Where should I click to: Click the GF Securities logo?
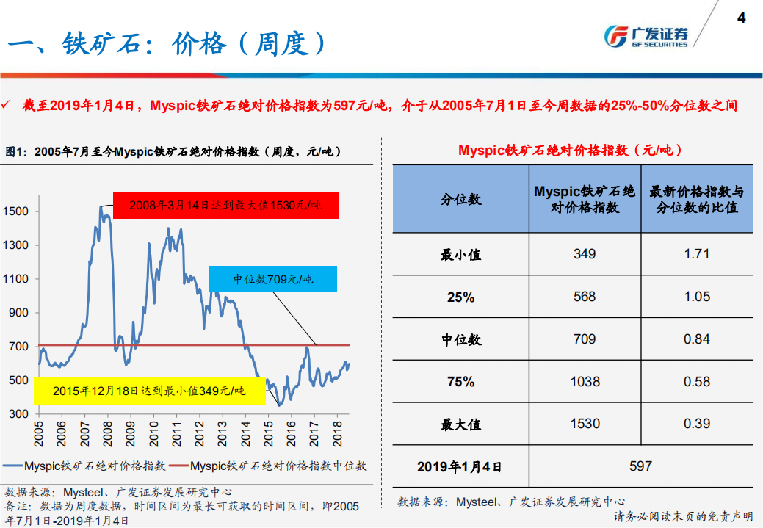point(646,36)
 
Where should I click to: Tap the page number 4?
point(741,18)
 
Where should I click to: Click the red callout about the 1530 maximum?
point(225,206)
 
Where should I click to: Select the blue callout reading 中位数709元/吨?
point(273,279)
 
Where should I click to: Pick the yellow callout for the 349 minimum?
point(149,391)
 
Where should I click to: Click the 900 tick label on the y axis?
point(18,313)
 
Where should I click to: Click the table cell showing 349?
point(585,255)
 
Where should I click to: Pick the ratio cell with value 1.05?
point(696,297)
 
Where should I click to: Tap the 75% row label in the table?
point(460,382)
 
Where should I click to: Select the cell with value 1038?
point(585,382)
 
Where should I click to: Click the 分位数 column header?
point(460,199)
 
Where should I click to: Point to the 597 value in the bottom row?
point(640,466)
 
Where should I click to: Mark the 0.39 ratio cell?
point(696,424)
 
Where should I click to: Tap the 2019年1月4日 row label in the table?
point(460,466)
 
